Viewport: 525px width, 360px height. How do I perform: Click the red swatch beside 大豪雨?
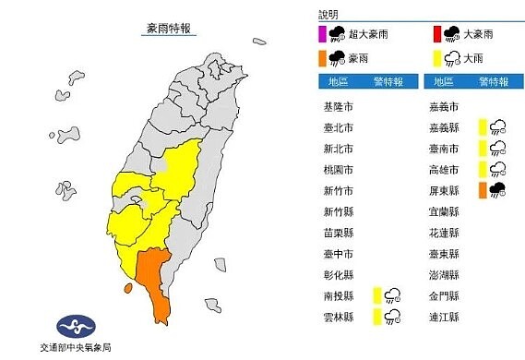point(436,35)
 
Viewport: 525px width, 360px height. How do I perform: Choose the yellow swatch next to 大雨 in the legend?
point(436,58)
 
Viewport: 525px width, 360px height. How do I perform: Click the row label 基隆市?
point(341,105)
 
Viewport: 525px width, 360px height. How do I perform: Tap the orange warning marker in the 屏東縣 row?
point(483,190)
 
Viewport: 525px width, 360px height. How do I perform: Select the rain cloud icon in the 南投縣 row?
point(393,295)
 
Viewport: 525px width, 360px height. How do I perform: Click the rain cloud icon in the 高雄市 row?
point(497,169)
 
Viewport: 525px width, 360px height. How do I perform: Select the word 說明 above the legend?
point(328,16)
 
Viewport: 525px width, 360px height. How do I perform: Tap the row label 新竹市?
point(341,190)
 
